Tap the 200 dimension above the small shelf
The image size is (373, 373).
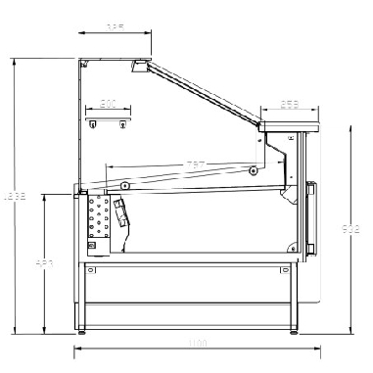point(108,103)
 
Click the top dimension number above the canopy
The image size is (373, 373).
point(116,27)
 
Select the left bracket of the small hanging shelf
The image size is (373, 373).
point(93,123)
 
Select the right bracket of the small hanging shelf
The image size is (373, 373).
point(123,123)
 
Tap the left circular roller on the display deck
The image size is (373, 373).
point(125,185)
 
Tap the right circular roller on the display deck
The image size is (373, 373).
point(254,171)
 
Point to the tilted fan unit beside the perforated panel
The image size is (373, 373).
point(120,213)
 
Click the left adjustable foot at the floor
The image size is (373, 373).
point(83,331)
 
